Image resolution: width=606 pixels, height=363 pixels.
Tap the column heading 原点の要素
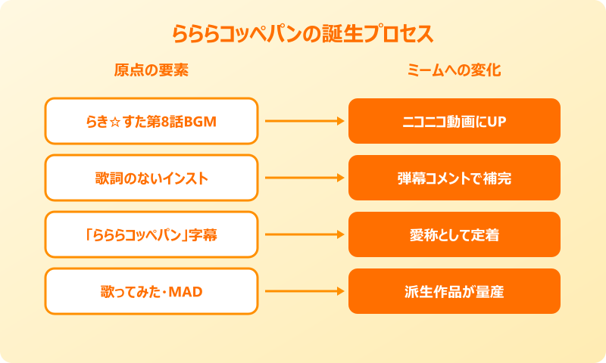click(x=151, y=71)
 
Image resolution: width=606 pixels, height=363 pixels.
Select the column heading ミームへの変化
click(x=454, y=71)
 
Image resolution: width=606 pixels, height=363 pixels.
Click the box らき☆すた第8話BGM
click(x=151, y=121)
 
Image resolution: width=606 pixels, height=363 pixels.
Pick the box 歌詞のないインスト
click(x=151, y=178)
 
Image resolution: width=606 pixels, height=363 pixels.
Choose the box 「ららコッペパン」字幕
click(x=151, y=234)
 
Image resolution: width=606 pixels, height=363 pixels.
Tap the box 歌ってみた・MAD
click(x=151, y=291)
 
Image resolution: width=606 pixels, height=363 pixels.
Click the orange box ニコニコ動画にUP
click(x=454, y=121)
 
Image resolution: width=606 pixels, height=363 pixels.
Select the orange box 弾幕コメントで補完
click(x=454, y=178)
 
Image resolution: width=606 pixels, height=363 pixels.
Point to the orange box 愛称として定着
click(x=454, y=234)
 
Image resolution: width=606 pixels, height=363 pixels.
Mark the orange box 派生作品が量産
click(x=454, y=291)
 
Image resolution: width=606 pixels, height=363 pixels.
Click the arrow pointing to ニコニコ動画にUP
click(x=303, y=121)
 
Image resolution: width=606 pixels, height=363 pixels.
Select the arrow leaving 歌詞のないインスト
click(x=303, y=178)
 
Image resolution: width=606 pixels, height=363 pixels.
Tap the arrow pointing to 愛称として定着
click(x=303, y=234)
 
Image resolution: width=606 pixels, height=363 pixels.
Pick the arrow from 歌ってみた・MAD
click(x=303, y=291)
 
